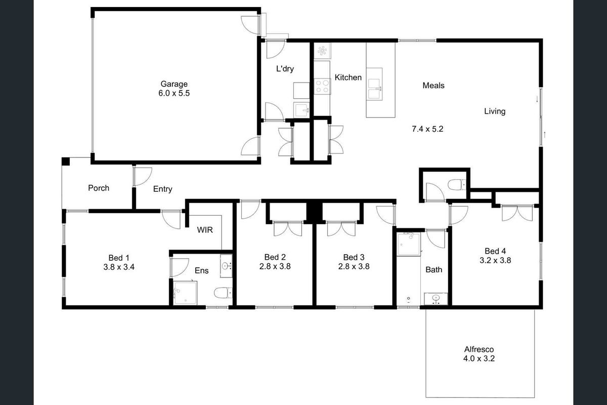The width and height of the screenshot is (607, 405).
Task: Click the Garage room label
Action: coord(174,84)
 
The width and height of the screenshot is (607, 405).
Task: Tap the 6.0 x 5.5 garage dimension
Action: coord(174,93)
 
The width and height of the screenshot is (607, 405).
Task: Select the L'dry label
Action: coord(285,69)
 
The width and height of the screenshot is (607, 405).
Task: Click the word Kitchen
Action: coord(348,77)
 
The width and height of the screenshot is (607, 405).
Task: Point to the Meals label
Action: coord(433,86)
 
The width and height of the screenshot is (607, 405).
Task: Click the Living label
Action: coord(494,111)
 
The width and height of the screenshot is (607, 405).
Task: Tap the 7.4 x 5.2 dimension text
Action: coord(427,129)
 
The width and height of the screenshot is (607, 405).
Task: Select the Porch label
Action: coord(99,188)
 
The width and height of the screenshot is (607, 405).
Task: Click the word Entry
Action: coord(162,189)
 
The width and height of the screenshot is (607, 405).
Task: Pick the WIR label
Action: coord(205,230)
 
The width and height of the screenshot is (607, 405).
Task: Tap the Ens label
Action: coord(202,271)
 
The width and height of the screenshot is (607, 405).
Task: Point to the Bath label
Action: coord(433,270)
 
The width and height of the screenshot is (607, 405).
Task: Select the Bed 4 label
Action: coord(495,251)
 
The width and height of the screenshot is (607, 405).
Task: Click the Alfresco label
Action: coord(479,349)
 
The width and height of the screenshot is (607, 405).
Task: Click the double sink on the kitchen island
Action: coord(375,89)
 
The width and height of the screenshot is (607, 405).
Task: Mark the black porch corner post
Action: coord(65,161)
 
